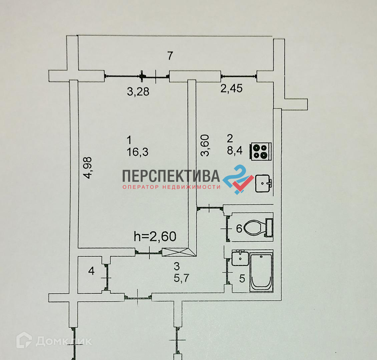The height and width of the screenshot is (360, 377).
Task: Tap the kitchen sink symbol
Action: pyautogui.click(x=264, y=183)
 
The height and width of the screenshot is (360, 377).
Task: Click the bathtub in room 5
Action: pyautogui.click(x=262, y=272)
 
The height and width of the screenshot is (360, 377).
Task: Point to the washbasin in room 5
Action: pyautogui.click(x=240, y=259)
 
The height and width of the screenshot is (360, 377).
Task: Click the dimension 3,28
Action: pyautogui.click(x=138, y=91)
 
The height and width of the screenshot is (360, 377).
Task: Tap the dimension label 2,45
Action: pyautogui.click(x=232, y=88)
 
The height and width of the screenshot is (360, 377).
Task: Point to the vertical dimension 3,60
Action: pyautogui.click(x=205, y=145)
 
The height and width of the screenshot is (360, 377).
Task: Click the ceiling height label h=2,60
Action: pyautogui.click(x=155, y=236)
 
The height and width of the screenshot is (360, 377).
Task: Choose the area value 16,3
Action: pyautogui.click(x=137, y=152)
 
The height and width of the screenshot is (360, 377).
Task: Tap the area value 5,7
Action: pyautogui.click(x=181, y=278)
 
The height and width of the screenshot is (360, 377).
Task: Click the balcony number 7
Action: pyautogui.click(x=170, y=56)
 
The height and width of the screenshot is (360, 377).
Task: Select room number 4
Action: pyautogui.click(x=91, y=271)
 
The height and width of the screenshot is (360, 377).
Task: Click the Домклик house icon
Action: pyautogui.click(x=24, y=341)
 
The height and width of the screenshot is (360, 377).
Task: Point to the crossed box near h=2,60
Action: pyautogui.click(x=175, y=252)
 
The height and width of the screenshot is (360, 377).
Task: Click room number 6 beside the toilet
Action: pyautogui.click(x=239, y=229)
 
